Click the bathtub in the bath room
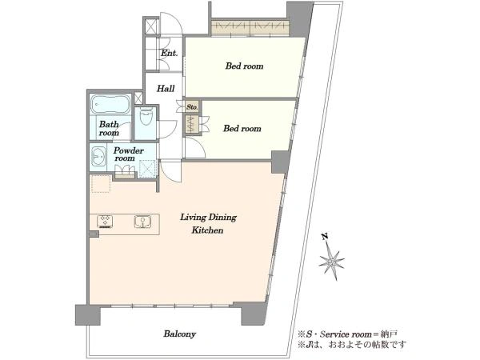(110, 104)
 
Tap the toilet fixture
(146, 116)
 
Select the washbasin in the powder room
(98, 157)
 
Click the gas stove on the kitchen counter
(105, 222)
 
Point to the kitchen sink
(142, 222)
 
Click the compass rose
(331, 262)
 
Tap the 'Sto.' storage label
(192, 107)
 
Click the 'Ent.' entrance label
(170, 53)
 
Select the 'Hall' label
(166, 89)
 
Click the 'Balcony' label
(180, 334)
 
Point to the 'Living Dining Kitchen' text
(208, 223)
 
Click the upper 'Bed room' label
(244, 66)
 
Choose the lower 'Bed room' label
(242, 128)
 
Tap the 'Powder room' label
(128, 154)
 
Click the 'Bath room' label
(109, 129)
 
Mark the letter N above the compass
(325, 236)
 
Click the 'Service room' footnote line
(347, 334)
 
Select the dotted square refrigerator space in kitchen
(101, 184)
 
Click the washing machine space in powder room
(147, 169)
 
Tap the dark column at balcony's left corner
(88, 314)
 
